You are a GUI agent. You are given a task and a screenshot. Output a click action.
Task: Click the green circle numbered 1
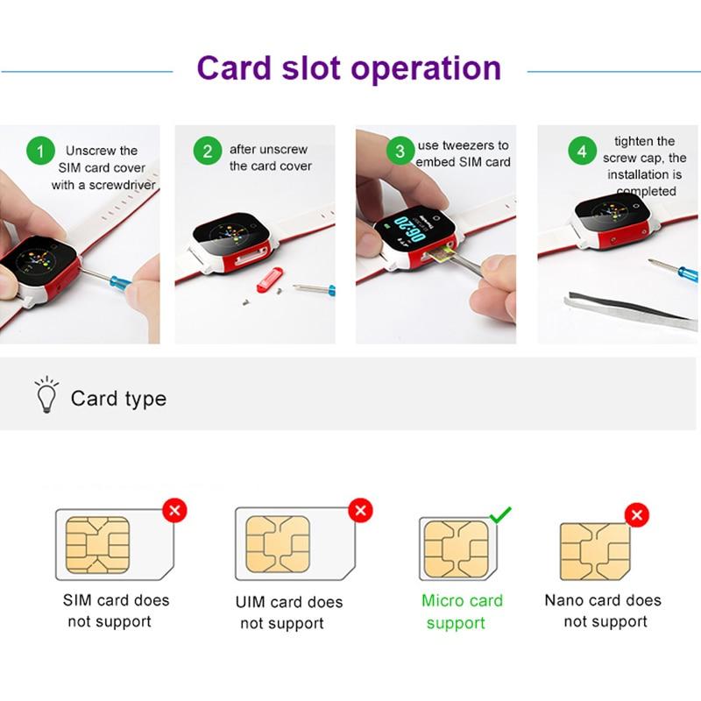40,151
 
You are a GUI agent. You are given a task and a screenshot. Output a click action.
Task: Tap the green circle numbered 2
208,151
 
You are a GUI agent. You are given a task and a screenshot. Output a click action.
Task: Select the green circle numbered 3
400,151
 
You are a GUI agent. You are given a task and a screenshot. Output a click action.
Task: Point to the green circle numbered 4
582,151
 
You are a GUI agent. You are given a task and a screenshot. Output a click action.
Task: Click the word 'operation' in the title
426,68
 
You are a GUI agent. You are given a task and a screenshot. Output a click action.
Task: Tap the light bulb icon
46,394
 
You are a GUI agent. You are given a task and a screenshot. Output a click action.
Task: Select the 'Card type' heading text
118,399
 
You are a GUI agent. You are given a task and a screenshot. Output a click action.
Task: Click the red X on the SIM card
174,511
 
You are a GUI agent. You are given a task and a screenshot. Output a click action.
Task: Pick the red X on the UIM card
360,510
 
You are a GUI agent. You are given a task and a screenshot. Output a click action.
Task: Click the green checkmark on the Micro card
500,515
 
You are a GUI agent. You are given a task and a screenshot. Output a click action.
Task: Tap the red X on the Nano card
637,514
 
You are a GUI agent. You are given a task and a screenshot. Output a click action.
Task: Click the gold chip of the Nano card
595,552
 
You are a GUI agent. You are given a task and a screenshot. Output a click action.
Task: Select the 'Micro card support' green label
463,612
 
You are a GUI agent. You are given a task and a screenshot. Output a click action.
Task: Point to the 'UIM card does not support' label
289,612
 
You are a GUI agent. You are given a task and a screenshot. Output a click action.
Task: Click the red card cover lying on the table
270,279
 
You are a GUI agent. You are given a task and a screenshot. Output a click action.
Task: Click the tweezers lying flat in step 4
630,310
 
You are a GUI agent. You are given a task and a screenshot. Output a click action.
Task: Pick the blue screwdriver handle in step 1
120,282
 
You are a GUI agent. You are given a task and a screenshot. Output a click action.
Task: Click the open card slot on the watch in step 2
251,259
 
